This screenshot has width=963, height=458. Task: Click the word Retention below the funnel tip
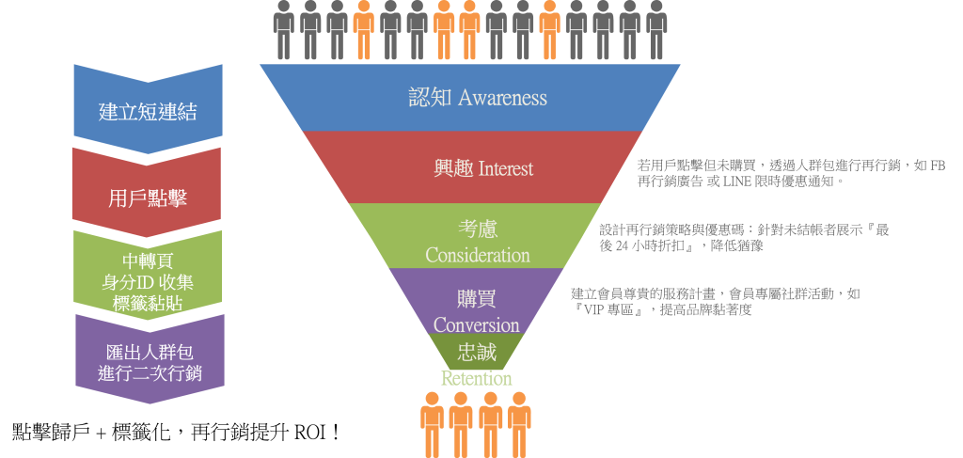pos(477,378)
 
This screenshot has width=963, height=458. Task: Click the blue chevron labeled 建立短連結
pos(148,111)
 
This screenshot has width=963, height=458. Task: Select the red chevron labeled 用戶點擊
pos(148,197)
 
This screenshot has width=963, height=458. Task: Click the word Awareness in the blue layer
pos(502,97)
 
